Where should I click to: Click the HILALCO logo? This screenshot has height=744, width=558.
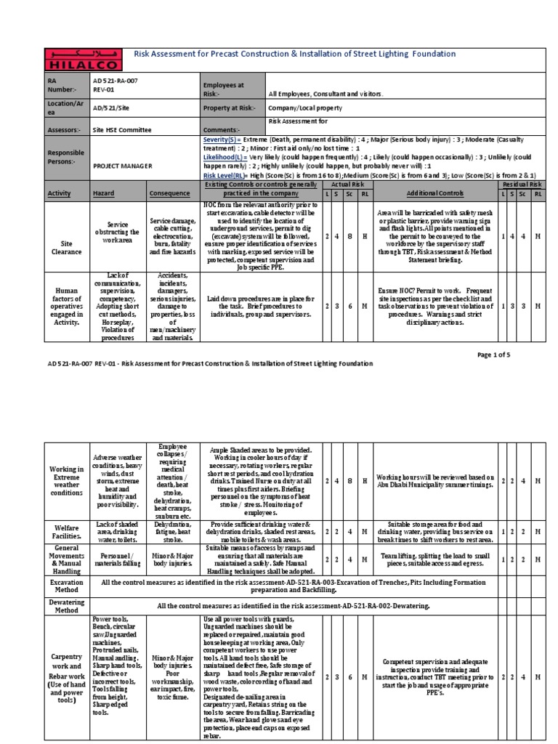click(75, 58)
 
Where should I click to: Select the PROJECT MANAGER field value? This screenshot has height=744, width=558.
click(122, 166)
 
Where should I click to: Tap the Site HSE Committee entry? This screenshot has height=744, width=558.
click(122, 129)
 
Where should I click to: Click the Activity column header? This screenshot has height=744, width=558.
click(60, 194)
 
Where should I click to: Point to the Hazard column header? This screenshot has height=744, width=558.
click(104, 194)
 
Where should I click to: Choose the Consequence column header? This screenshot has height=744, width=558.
click(169, 194)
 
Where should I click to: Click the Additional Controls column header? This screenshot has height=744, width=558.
click(434, 194)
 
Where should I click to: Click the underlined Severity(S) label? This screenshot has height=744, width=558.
click(222, 139)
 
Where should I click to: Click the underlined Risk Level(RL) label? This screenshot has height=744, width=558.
click(227, 175)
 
